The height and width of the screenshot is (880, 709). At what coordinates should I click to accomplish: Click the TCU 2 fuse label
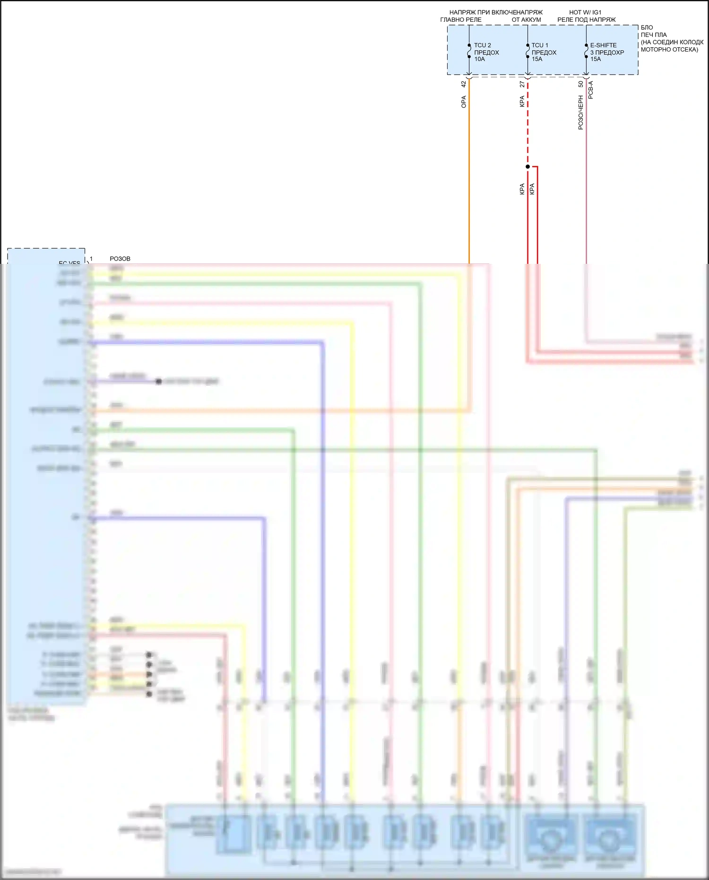(482, 45)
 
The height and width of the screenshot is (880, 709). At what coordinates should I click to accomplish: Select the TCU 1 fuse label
(540, 45)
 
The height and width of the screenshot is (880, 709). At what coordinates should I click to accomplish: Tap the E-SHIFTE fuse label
(603, 45)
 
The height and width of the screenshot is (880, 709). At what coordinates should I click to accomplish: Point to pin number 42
(464, 84)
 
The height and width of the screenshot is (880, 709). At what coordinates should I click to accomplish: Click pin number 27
(522, 84)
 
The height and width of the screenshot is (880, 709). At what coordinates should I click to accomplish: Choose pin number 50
(580, 84)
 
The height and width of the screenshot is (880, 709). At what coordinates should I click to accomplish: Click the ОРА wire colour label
(464, 102)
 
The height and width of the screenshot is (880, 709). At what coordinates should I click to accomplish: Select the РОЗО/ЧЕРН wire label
(580, 113)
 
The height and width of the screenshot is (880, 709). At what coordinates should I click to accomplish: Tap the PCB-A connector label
(590, 90)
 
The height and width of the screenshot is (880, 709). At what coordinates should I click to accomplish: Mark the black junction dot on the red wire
(527, 166)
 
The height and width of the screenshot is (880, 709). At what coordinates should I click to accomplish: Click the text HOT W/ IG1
(585, 12)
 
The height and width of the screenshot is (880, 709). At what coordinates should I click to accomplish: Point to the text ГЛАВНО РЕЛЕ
(461, 20)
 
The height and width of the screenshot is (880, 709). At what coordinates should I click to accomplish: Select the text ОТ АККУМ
(526, 20)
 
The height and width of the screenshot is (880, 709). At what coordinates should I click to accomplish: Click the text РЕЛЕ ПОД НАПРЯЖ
(586, 20)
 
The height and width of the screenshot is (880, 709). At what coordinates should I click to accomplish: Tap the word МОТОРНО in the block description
(655, 50)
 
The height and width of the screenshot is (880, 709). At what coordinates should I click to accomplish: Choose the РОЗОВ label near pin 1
(120, 259)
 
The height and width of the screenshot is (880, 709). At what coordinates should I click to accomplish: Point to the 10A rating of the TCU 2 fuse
(479, 59)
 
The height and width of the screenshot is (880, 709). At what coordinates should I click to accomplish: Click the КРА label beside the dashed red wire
(522, 102)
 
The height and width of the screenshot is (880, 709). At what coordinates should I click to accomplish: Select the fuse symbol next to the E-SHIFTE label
(586, 51)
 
